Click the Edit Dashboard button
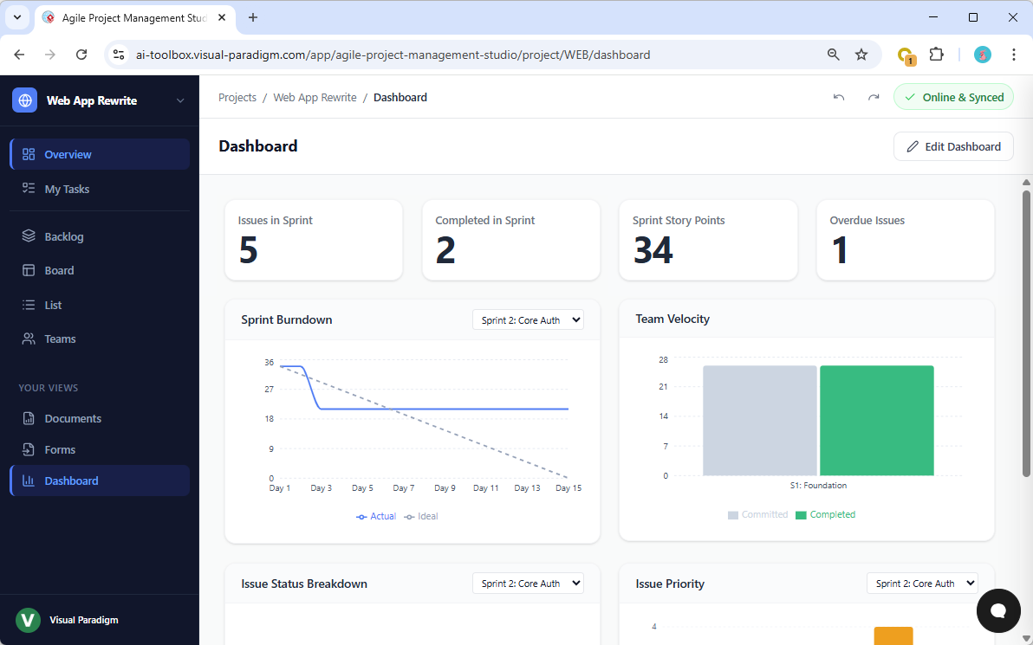[953, 146]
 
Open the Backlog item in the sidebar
[64, 236]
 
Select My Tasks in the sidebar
[67, 189]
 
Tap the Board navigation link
[59, 270]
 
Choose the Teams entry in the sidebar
[60, 339]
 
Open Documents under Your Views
[73, 418]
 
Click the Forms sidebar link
[60, 449]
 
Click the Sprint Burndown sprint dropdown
[528, 320]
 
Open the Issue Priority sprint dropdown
[922, 584]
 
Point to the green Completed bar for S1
[876, 420]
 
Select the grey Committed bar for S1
[759, 420]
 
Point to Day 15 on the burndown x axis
[568, 488]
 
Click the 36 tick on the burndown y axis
[270, 363]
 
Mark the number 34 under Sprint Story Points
[653, 250]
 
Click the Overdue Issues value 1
[839, 250]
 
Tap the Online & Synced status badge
[953, 97]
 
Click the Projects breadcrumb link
[237, 98]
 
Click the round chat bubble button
[997, 610]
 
